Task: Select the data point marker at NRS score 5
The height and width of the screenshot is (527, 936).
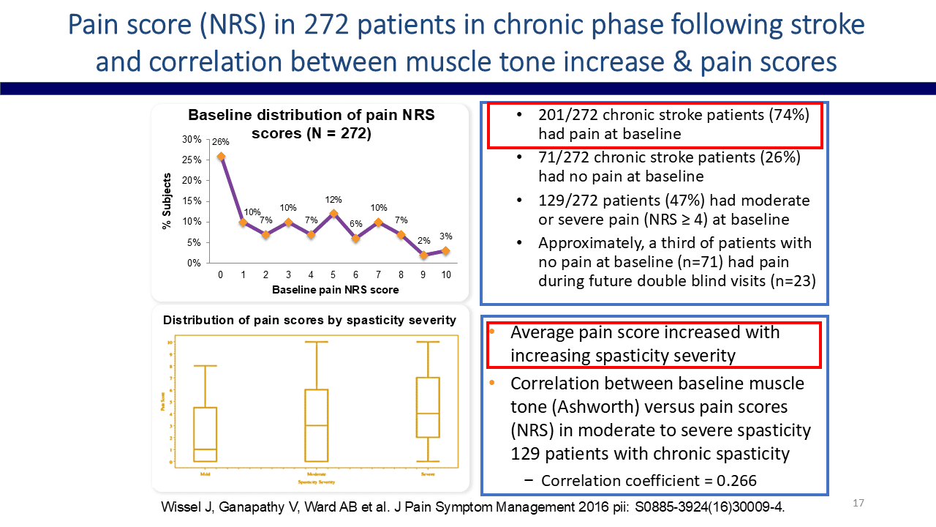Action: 333,214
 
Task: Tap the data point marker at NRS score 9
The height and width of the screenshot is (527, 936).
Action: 423,255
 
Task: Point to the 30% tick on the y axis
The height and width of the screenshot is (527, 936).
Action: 192,140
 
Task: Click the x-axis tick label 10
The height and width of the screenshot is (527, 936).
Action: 446,274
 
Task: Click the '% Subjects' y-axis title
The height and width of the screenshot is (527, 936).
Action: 166,201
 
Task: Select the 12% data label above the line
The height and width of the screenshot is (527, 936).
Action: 333,199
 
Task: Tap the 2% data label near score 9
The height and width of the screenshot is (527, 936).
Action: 423,241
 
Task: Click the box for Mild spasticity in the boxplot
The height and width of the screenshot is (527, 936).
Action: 205,434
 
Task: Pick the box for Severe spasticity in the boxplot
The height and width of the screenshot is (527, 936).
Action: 427,407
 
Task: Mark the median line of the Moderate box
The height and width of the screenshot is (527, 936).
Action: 316,425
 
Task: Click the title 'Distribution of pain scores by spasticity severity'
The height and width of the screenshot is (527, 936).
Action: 309,321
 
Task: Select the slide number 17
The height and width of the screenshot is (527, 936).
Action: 858,504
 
